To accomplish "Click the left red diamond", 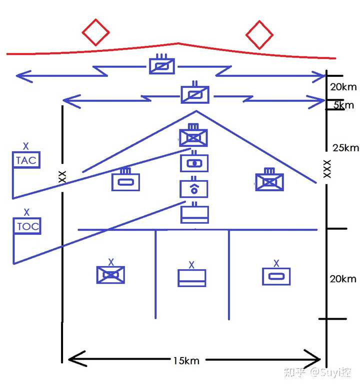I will tap(95, 32).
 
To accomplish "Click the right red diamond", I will tap(259, 35).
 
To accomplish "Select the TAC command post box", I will tap(26, 160).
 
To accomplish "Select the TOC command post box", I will tap(27, 226).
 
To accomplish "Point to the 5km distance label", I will tap(343, 105).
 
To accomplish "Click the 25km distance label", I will tap(345, 148).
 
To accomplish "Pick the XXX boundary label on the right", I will tap(327, 169).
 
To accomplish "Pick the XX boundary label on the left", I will tap(62, 176).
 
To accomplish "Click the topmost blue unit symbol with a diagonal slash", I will tap(162, 65).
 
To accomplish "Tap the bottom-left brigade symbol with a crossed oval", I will tap(110, 274).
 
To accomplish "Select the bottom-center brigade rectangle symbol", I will tap(192, 278).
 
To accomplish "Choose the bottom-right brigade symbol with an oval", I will tap(276, 276).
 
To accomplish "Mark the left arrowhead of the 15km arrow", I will tap(70, 359).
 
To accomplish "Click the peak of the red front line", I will tap(178, 43).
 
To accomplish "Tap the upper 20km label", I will tap(343, 87).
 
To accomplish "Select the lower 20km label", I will tap(343, 279).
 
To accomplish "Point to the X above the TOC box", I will tap(27, 212).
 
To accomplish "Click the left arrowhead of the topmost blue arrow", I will tap(18, 76).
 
